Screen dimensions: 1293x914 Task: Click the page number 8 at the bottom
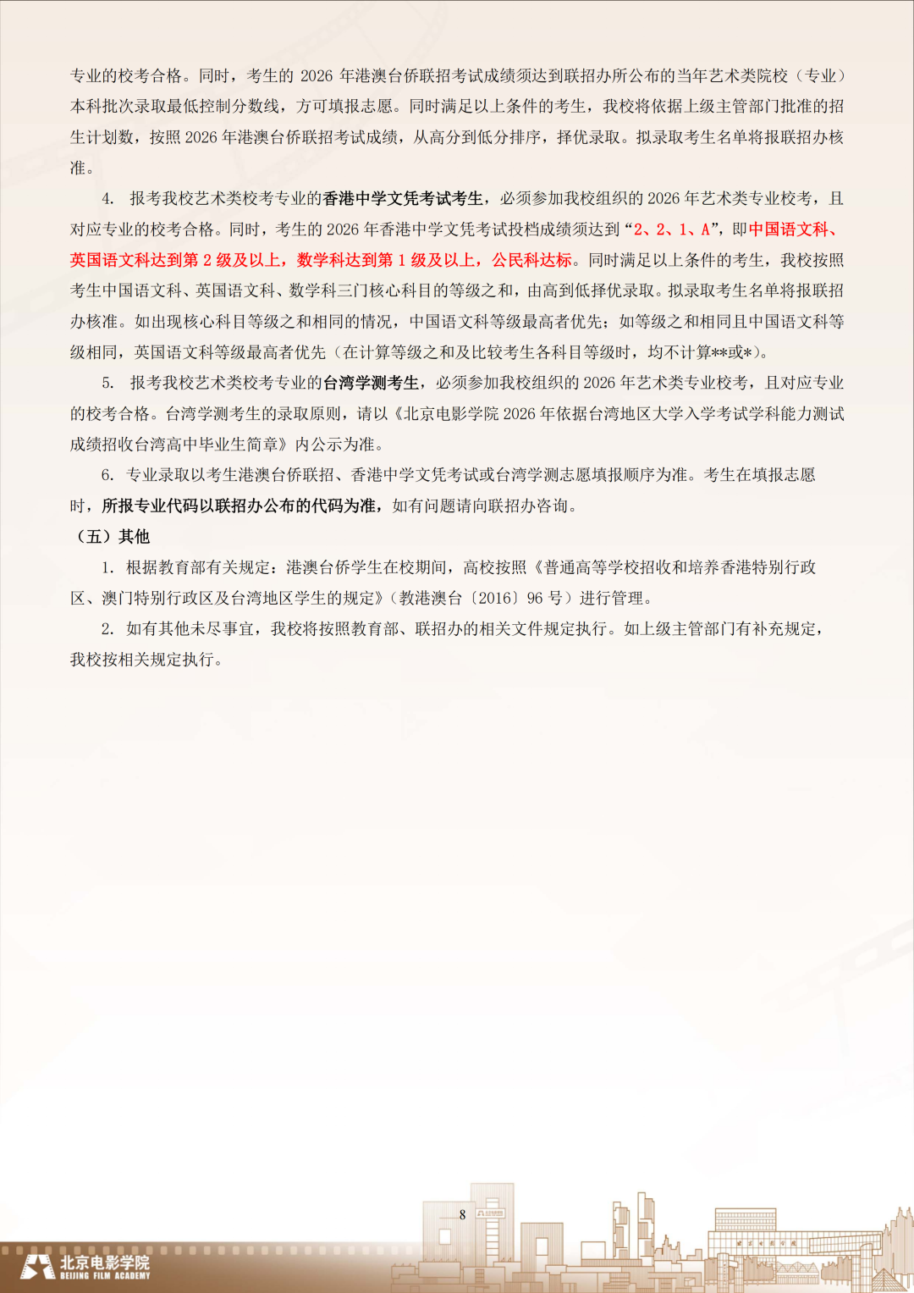tap(462, 1214)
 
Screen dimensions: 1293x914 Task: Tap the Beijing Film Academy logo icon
tap(37, 1267)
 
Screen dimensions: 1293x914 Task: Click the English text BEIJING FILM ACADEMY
tap(105, 1275)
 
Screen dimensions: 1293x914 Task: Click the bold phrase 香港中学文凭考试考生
tap(403, 199)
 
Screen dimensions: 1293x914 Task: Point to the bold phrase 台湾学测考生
tap(371, 384)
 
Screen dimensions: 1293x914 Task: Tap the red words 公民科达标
tap(532, 260)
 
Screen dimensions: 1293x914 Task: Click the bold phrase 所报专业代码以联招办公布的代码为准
tap(240, 506)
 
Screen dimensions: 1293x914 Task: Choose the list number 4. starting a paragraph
tap(107, 199)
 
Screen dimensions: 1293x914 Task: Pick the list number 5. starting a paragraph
tap(107, 384)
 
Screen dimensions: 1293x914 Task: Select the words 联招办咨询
tap(537, 506)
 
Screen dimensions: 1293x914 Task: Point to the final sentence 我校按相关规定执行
tap(146, 660)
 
